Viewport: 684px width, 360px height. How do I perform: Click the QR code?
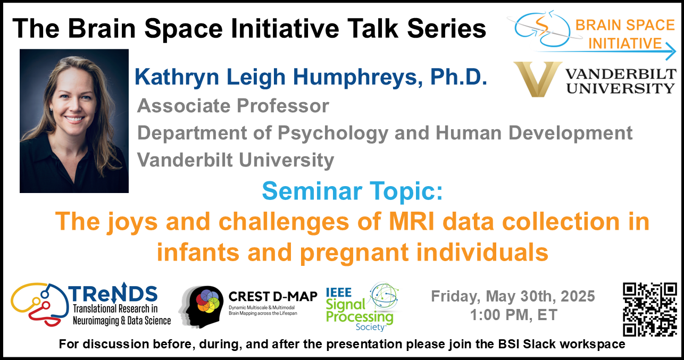650,309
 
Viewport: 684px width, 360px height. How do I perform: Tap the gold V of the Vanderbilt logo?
538,79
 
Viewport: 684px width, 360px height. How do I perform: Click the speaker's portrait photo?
74,121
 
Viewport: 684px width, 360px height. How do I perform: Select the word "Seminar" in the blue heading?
312,191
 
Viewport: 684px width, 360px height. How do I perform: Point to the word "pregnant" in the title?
354,253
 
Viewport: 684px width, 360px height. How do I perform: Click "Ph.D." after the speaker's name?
458,77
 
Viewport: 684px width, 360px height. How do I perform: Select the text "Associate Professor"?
233,106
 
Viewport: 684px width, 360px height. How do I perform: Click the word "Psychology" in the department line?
333,134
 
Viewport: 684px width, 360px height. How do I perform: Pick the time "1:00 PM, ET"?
514,315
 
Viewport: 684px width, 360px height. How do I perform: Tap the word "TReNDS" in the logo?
113,293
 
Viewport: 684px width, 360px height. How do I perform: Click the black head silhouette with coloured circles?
201,307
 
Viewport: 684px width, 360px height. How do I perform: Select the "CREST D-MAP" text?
273,297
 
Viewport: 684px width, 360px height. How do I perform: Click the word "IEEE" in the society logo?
339,292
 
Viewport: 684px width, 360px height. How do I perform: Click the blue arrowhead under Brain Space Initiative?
671,51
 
